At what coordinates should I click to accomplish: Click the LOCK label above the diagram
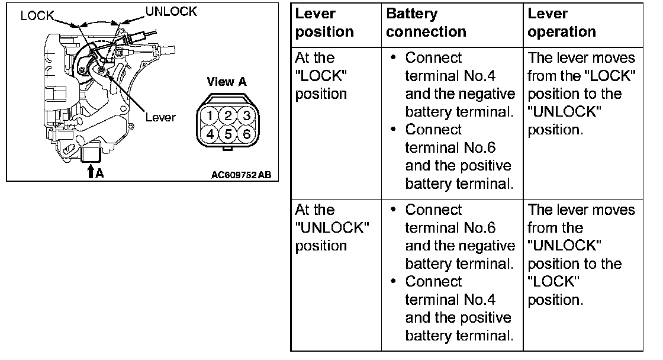[37, 16]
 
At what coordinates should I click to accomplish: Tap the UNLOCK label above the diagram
[171, 11]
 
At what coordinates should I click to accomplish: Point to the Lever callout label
[160, 117]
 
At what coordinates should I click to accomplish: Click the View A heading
[227, 82]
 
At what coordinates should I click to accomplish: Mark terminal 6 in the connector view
[246, 133]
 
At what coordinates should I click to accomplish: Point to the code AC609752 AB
[244, 175]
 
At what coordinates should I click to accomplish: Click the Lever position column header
[324, 22]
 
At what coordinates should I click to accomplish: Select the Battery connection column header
[426, 22]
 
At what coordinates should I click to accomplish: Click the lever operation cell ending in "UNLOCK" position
[581, 94]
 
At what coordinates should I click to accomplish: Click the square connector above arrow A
[91, 155]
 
